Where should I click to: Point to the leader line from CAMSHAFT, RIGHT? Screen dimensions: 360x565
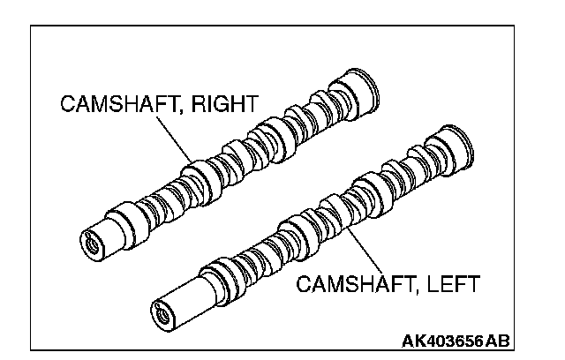click(173, 138)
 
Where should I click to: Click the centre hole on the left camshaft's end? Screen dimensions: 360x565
click(161, 311)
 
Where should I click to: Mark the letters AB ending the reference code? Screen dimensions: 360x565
click(501, 341)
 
